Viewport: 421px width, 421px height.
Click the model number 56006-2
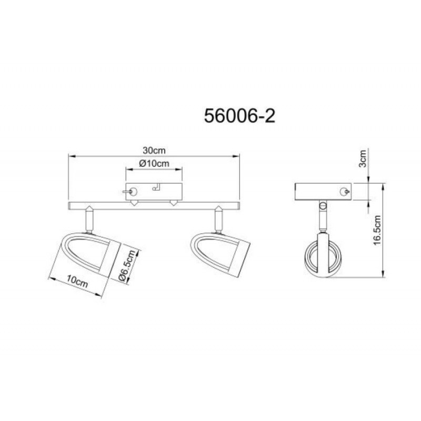[x=239, y=116]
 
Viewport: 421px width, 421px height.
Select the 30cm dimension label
[x=154, y=151]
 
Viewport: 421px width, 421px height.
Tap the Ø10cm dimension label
[x=154, y=163]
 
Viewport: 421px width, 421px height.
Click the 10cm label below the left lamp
[x=77, y=281]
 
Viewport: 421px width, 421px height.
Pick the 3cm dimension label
[x=363, y=159]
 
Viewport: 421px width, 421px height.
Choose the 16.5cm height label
[x=377, y=230]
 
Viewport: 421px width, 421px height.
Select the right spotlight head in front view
[x=220, y=254]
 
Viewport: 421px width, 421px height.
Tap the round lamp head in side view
[x=323, y=255]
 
